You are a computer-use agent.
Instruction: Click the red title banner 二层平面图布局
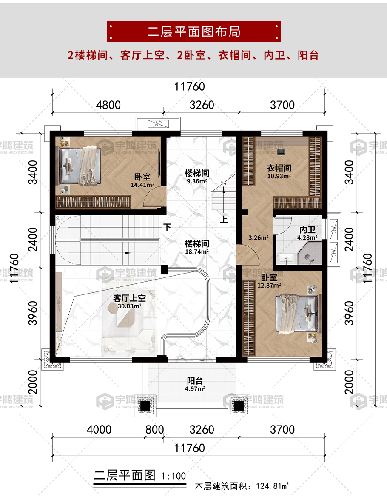[x=193, y=31]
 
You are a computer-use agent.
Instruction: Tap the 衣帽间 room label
[x=279, y=168]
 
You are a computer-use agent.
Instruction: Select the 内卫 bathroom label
[x=307, y=229]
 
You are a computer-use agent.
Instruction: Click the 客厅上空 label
[x=129, y=298]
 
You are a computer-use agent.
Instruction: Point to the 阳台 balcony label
[x=195, y=381]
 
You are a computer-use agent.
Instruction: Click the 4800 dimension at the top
[x=108, y=105]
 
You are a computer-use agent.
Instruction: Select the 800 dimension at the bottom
[x=154, y=429]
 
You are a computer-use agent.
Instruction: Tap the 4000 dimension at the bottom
[x=99, y=429]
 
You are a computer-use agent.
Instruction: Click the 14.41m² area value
[x=142, y=185]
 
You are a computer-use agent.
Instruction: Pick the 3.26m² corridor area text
[x=259, y=237]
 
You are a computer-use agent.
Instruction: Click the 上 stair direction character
[x=224, y=219]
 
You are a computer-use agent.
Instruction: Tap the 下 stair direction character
[x=167, y=227]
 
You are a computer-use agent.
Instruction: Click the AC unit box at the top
[x=158, y=124]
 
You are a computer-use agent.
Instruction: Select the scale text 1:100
[x=173, y=476]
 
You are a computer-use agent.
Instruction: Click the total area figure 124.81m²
[x=272, y=486]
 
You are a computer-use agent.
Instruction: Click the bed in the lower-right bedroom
[x=298, y=314]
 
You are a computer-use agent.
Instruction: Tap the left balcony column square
[x=145, y=406]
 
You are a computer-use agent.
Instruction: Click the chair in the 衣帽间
[x=281, y=152]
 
